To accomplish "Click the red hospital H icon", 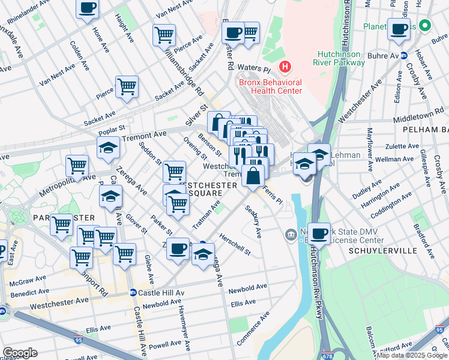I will click(285, 66).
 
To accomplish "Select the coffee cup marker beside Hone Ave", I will click(87, 8).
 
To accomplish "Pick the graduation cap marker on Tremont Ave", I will click(109, 148).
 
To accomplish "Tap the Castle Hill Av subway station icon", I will click(133, 293).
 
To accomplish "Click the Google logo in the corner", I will click(20, 352).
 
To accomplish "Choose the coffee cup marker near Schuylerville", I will click(319, 233).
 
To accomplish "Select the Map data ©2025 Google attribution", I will click(412, 355).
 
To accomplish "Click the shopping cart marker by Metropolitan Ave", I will click(77, 166).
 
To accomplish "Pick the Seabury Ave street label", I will click(254, 221).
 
